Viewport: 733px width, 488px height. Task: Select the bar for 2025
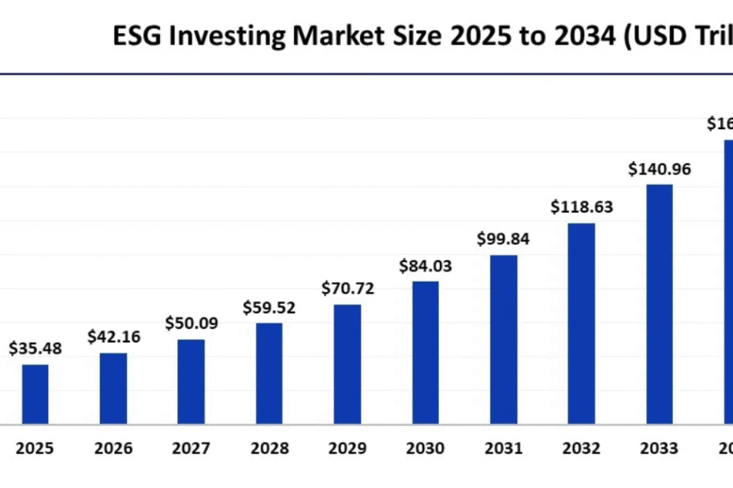(x=35, y=394)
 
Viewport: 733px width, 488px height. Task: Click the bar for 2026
(x=113, y=388)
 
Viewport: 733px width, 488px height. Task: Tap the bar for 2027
(x=191, y=382)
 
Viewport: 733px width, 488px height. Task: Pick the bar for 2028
(x=269, y=373)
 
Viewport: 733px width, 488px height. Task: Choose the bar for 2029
(x=347, y=364)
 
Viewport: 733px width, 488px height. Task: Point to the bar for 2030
(x=426, y=353)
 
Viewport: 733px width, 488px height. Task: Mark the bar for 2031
(x=504, y=339)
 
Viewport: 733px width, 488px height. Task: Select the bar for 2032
(x=582, y=323)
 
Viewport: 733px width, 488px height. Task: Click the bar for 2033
(x=660, y=305)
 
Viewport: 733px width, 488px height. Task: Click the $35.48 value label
(x=35, y=348)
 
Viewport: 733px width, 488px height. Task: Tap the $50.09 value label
(x=191, y=323)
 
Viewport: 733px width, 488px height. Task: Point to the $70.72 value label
(x=348, y=288)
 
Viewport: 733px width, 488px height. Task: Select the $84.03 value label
(x=426, y=266)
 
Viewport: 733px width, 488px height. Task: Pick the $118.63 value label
(x=582, y=208)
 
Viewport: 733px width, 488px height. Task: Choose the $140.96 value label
(x=660, y=168)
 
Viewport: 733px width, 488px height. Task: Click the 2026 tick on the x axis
(x=113, y=449)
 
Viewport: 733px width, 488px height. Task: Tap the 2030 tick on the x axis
(x=426, y=449)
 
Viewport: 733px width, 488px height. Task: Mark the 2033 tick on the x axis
(x=660, y=449)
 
